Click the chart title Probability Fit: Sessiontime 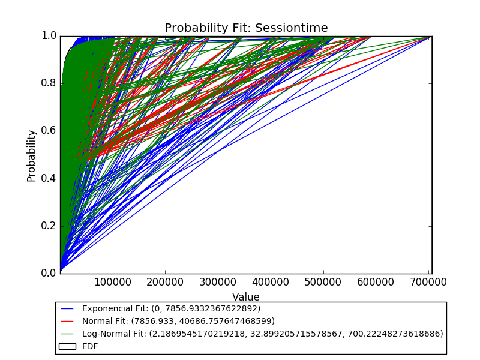246,28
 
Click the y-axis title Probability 31,155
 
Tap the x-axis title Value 246,297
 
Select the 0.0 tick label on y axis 49,274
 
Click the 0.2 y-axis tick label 49,226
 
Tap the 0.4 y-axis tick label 49,179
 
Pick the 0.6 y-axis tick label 49,131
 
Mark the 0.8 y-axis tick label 49,83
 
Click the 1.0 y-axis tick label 49,36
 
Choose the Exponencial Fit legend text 171,308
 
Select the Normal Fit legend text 178,321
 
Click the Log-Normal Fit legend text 262,334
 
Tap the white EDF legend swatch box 67,346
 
